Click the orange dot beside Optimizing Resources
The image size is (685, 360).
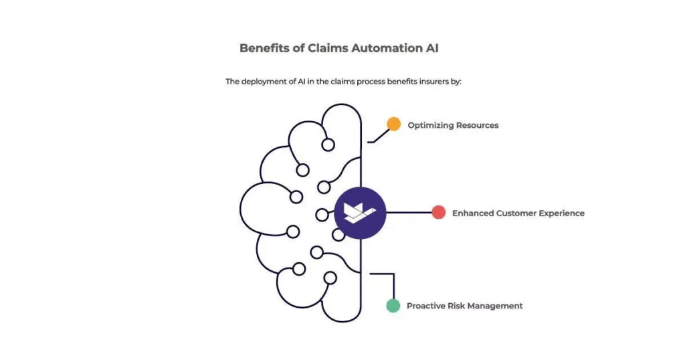tap(394, 124)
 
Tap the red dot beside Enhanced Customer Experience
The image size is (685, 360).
tap(439, 213)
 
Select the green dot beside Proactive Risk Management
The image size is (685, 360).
tap(393, 306)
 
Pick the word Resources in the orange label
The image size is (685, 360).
tap(478, 125)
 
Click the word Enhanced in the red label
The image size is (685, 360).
tap(473, 213)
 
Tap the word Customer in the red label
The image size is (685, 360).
tap(517, 213)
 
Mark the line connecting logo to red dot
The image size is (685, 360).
tap(409, 213)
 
